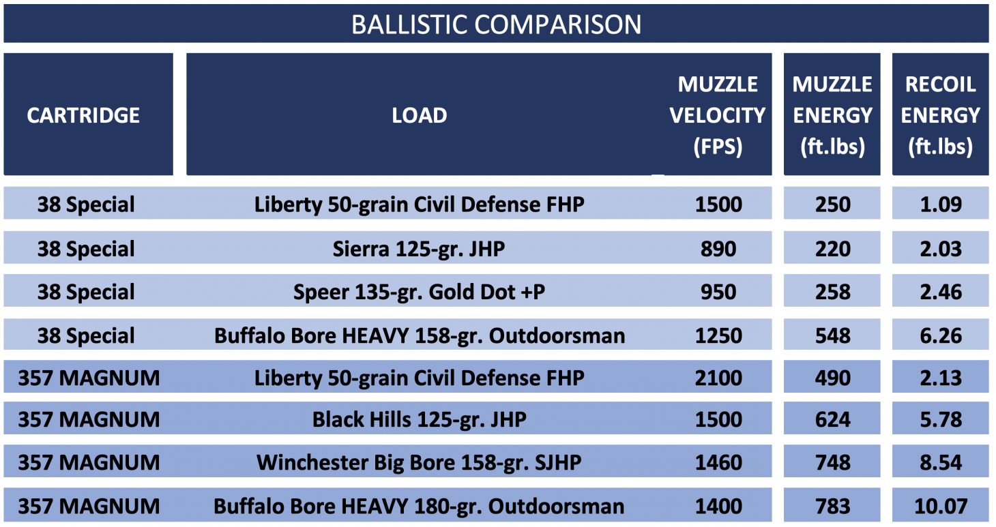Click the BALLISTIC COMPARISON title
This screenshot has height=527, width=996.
pos(496,25)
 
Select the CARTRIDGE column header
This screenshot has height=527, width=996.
pos(83,115)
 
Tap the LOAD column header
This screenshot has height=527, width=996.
pos(419,115)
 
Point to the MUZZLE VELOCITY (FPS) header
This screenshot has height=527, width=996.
pos(718,115)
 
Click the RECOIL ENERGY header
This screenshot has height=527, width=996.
pos(940,115)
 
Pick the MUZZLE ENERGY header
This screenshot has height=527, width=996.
pos(832,115)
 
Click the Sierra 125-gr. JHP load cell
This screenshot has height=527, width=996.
pos(419,249)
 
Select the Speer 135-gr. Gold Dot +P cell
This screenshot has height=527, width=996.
pos(419,292)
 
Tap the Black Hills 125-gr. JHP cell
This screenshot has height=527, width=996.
pos(419,419)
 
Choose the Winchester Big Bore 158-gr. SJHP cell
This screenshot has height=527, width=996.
pos(419,463)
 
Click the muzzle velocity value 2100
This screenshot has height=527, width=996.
pos(718,378)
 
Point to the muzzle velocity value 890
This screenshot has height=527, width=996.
pos(718,249)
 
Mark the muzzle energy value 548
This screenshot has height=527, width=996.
pos(832,335)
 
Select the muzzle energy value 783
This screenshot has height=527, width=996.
pos(832,507)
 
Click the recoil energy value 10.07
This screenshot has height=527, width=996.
pos(941,507)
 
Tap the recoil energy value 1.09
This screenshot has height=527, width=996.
pos(941,205)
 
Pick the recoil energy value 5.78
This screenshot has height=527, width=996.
pos(941,419)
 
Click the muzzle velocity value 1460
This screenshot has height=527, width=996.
pos(718,463)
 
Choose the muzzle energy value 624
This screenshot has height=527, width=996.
pos(832,419)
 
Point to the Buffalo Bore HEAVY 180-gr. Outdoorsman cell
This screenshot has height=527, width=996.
pos(419,507)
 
